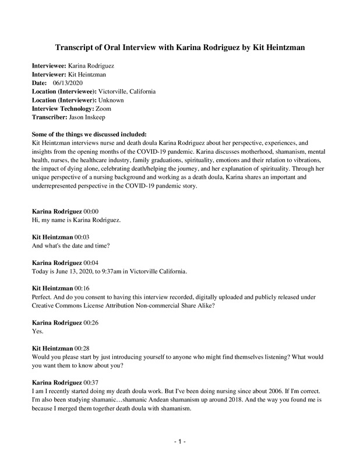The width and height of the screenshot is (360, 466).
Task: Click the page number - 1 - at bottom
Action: click(180, 442)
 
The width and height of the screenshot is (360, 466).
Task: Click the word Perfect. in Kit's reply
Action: click(43, 296)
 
